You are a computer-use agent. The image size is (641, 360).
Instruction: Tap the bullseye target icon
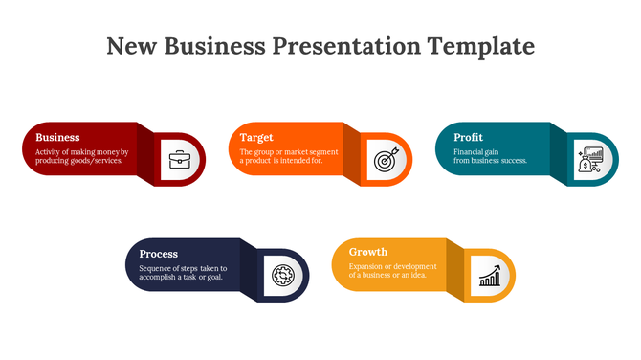[385, 160]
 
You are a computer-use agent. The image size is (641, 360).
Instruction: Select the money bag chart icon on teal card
[590, 160]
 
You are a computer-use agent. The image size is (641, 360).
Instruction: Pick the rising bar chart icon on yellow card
[490, 276]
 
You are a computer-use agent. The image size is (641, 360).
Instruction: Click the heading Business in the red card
[57, 138]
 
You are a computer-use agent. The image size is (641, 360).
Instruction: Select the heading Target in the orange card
[256, 138]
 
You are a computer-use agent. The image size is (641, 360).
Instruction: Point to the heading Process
[158, 254]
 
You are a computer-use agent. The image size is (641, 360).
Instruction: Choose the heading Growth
[368, 253]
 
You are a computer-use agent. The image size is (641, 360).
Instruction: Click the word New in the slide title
[131, 46]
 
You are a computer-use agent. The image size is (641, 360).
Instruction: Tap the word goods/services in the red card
[97, 161]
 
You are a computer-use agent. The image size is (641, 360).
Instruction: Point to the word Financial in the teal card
[470, 151]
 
